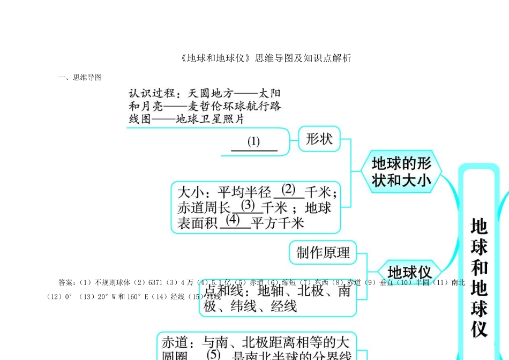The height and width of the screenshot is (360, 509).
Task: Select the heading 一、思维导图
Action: [80, 77]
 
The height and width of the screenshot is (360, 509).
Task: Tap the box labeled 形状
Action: [319, 139]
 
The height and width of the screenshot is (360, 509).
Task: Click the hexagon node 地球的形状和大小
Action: [401, 171]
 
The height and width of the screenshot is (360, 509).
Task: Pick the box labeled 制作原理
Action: [323, 252]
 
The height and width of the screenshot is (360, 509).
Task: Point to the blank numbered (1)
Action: [253, 142]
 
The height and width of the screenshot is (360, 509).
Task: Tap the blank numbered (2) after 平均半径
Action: [288, 190]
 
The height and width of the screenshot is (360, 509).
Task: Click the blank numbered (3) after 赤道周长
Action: [248, 205]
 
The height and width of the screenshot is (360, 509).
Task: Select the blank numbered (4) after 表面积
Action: [233, 220]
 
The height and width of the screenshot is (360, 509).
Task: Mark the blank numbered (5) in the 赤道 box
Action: [213, 354]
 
